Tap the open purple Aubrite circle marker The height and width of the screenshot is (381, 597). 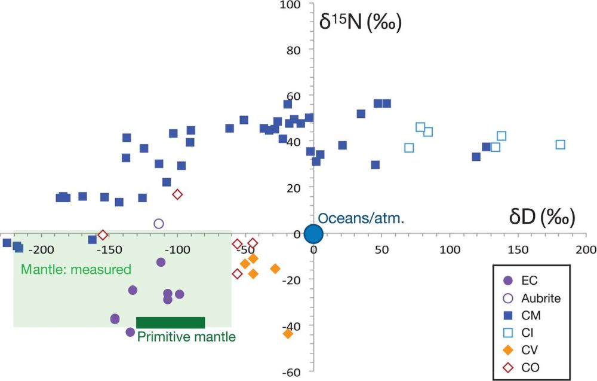[159, 224]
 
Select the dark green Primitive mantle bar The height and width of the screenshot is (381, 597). [171, 322]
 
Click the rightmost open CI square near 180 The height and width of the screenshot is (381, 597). [560, 145]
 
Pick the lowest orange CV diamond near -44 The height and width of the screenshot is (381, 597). [288, 334]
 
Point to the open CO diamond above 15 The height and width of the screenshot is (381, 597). [177, 194]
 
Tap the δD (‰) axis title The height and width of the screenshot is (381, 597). [542, 217]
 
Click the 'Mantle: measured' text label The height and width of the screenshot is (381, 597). [76, 270]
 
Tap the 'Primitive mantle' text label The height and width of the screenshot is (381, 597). [186, 337]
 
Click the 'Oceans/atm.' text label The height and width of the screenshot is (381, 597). [361, 219]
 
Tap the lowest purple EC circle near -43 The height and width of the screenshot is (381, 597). [130, 332]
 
